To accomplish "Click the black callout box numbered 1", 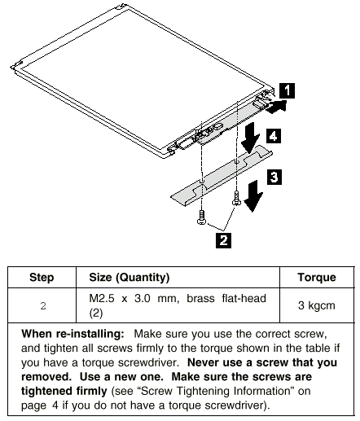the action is point(287,90).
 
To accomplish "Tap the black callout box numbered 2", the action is point(223,240).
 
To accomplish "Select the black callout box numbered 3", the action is point(274,177).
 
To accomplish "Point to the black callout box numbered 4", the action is point(274,136).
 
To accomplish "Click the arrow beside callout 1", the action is point(276,107).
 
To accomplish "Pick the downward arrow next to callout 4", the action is point(249,138).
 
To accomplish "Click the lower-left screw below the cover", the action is point(201,217).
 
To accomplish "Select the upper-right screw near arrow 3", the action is point(236,198).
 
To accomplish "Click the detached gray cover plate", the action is point(222,175).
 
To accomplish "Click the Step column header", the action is point(42,278).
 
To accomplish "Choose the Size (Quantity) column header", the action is point(130,278).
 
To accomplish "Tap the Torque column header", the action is point(317,278).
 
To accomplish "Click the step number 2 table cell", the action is point(43,306).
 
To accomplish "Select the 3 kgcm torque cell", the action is point(317,305).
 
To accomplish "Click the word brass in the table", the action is point(200,298).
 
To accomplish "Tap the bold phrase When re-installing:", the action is point(72,334).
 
